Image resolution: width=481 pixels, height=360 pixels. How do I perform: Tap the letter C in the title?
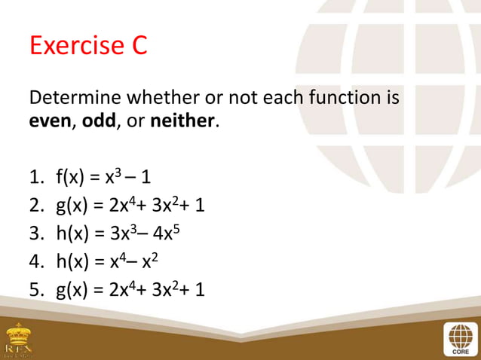coord(136,47)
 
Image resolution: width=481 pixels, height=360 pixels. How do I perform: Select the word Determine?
coord(74,98)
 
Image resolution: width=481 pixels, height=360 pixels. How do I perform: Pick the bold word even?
coord(48,121)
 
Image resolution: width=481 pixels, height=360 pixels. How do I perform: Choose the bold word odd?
coord(99,121)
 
